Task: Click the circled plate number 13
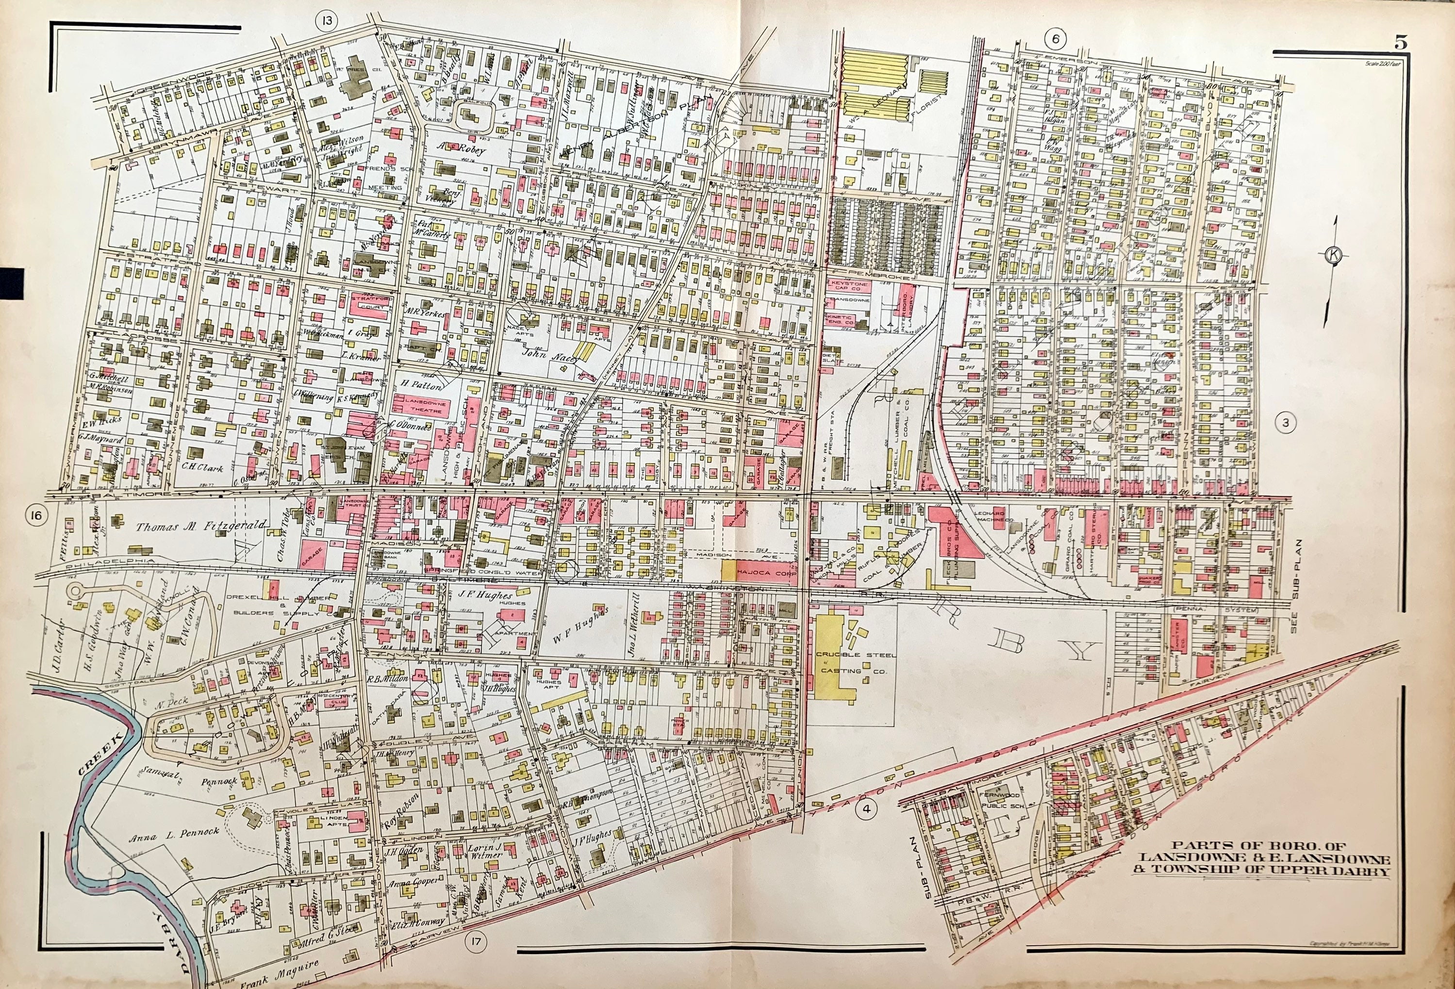[x=326, y=21]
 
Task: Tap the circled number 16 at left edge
[x=35, y=515]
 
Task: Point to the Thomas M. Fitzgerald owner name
[x=201, y=527]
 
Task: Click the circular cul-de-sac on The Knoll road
[x=76, y=590]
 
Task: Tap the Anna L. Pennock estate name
[x=175, y=833]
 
